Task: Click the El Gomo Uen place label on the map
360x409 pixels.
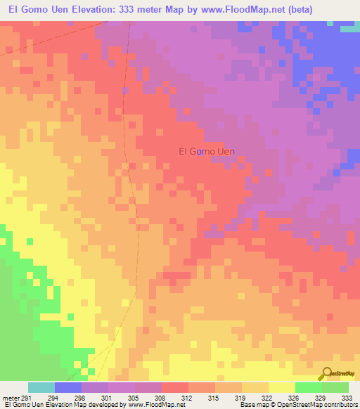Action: [206, 150]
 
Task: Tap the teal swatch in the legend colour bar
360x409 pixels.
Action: [41, 387]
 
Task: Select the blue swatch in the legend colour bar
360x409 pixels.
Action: [68, 387]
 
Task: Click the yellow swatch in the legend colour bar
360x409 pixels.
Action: [281, 387]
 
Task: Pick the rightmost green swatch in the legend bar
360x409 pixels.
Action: [335, 387]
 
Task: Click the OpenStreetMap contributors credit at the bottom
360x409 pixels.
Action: [316, 405]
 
